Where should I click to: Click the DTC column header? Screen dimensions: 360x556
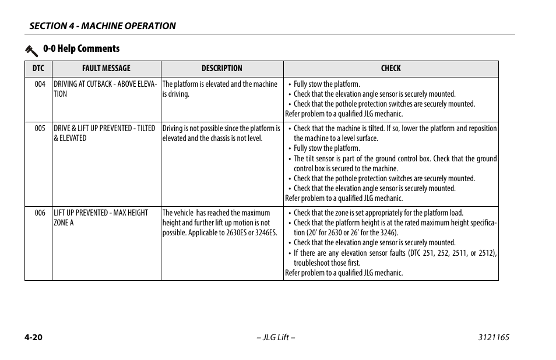[x=38, y=68]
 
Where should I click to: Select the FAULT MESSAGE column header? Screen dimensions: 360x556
[x=106, y=68]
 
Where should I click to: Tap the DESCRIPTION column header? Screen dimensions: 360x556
[x=221, y=68]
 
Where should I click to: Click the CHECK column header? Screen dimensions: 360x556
[x=390, y=68]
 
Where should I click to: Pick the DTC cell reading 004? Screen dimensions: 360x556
[x=40, y=84]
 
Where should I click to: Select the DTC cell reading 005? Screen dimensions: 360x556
[x=40, y=129]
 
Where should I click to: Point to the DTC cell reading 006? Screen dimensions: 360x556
[x=40, y=213]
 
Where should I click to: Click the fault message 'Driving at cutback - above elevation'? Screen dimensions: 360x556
[x=105, y=89]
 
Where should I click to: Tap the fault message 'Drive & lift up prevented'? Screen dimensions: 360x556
[x=104, y=133]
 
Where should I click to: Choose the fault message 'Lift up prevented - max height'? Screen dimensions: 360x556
[x=100, y=218]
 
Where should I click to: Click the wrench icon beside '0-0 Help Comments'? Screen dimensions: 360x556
[x=31, y=50]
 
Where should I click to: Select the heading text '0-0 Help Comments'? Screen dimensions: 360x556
[x=81, y=49]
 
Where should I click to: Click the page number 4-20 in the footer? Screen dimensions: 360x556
[x=34, y=338]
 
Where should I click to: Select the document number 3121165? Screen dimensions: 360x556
[x=493, y=338]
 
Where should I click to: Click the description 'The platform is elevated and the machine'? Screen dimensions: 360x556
[x=220, y=84]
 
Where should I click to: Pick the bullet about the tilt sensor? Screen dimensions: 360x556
[x=395, y=164]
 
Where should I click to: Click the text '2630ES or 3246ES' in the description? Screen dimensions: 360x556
[x=251, y=233]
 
